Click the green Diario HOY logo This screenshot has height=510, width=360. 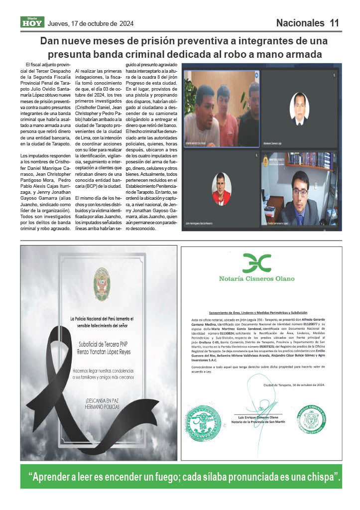click(x=32, y=22)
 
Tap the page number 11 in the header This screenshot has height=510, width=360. click(x=334, y=23)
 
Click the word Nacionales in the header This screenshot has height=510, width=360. click(x=300, y=23)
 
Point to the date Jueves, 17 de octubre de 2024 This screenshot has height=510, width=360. click(x=91, y=23)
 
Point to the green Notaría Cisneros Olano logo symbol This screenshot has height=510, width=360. click(x=256, y=262)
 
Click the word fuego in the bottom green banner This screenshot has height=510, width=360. click(x=159, y=477)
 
